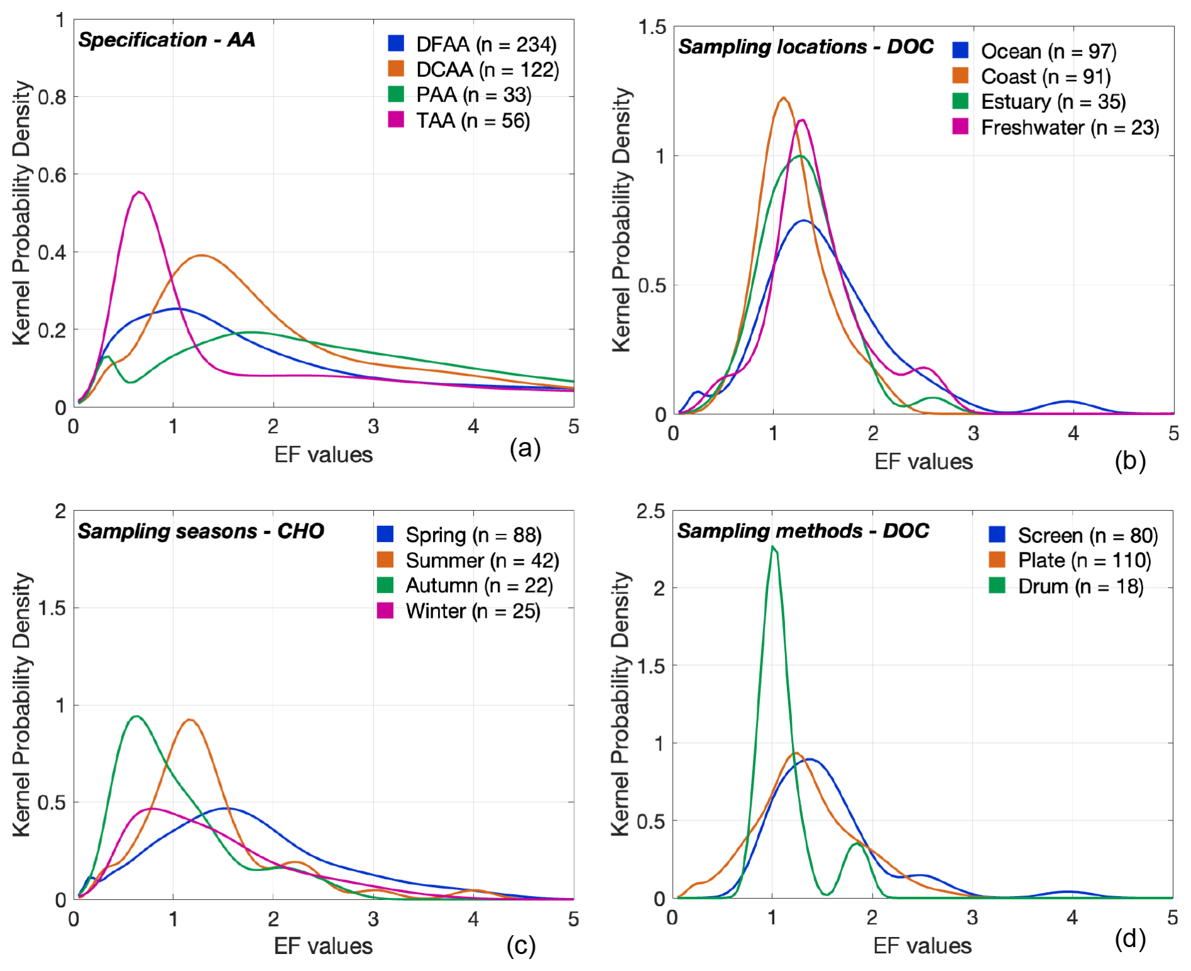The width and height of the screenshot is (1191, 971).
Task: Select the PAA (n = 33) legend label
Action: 473,95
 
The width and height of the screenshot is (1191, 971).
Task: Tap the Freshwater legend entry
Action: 1070,128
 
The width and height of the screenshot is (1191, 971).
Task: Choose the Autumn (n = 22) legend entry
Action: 479,586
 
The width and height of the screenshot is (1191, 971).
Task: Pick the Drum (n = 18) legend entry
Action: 1080,586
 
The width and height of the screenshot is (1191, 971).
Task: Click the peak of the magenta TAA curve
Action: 139,192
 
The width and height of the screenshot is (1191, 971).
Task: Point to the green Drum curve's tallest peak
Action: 773,547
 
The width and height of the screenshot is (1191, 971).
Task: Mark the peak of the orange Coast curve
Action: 783,98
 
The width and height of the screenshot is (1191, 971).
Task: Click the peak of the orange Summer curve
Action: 189,719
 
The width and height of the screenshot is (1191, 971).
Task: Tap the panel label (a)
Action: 525,448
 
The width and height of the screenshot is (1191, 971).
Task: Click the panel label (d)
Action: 1129,939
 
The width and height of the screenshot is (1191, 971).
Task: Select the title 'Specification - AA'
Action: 167,40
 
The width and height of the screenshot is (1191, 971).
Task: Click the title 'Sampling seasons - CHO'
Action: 200,531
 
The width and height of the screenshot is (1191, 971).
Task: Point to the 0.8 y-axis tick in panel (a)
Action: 52,97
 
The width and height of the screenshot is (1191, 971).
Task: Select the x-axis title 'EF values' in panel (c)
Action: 323,946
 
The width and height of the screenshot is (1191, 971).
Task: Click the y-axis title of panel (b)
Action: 621,220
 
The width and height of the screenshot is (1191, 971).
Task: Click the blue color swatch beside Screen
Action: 997,535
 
